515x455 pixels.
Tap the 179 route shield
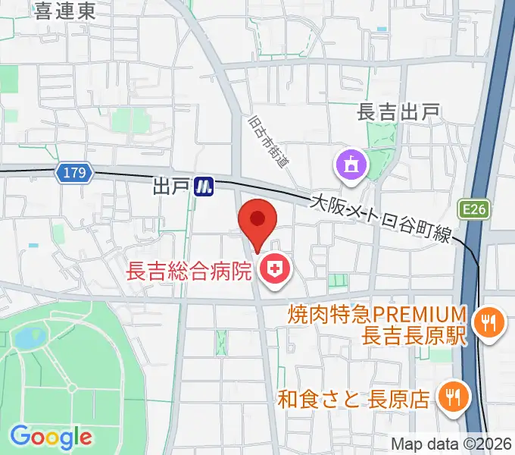click(x=74, y=174)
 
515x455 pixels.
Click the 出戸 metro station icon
click(x=204, y=186)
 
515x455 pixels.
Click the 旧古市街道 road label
click(x=269, y=140)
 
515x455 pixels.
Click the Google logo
click(x=51, y=436)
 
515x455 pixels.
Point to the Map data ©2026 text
click(x=451, y=444)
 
